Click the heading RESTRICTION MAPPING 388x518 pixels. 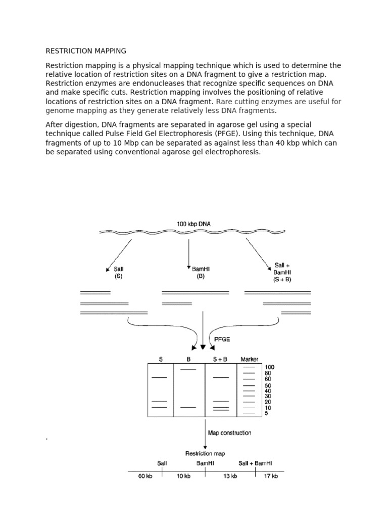[86, 51]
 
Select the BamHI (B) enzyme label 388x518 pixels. [201, 273]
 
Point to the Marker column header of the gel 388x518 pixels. [249, 360]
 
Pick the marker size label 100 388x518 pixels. [269, 367]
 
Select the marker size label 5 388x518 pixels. [266, 413]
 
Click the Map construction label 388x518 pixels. [229, 433]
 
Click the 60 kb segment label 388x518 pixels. [145, 476]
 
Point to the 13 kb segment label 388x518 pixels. [230, 476]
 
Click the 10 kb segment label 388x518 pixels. [183, 476]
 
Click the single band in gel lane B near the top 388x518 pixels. [188, 370]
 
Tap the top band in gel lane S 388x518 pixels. [159, 377]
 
